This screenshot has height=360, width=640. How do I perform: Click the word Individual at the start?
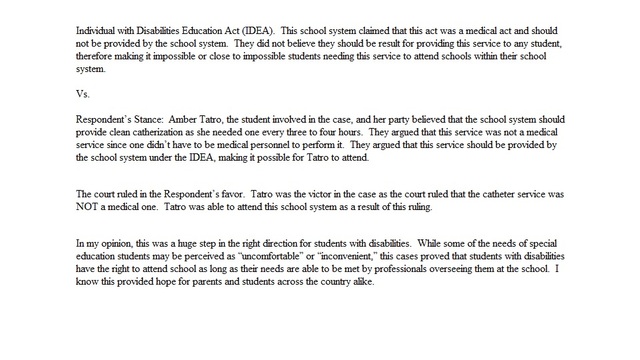[x=96, y=32]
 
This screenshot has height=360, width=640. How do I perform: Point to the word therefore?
[x=98, y=58]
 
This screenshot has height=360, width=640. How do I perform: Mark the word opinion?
[x=118, y=242]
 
